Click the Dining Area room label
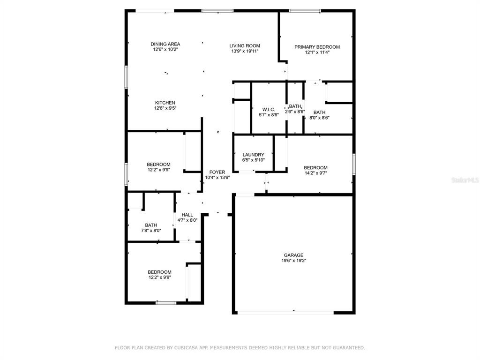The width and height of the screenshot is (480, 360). pyautogui.click(x=165, y=44)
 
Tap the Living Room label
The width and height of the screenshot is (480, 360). pyautogui.click(x=245, y=46)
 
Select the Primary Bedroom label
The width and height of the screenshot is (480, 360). pyautogui.click(x=317, y=47)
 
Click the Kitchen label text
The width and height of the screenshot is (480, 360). pyautogui.click(x=165, y=103)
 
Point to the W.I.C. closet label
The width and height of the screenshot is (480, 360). pyautogui.click(x=269, y=110)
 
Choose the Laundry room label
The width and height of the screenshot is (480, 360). pyautogui.click(x=253, y=155)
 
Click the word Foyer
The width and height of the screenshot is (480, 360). pyautogui.click(x=217, y=172)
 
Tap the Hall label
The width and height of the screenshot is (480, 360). pyautogui.click(x=187, y=215)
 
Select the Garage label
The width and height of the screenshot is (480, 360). pyautogui.click(x=293, y=255)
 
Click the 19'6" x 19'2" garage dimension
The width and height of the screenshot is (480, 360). pyautogui.click(x=294, y=261)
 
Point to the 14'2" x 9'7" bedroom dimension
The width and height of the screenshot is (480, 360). pyautogui.click(x=315, y=173)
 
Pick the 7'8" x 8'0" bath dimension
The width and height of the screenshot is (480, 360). pyautogui.click(x=151, y=231)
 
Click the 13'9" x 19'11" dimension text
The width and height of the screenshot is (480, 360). pyautogui.click(x=245, y=52)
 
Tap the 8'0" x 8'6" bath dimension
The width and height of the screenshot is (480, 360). pyautogui.click(x=319, y=118)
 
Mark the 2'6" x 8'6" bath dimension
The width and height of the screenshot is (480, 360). pyautogui.click(x=295, y=112)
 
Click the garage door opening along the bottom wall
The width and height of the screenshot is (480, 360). pyautogui.click(x=285, y=313)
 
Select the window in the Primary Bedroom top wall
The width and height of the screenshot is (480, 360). pyautogui.click(x=305, y=11)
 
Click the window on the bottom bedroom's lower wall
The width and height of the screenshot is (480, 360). pyautogui.click(x=166, y=303)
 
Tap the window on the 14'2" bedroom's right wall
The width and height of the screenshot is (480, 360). pyautogui.click(x=354, y=165)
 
